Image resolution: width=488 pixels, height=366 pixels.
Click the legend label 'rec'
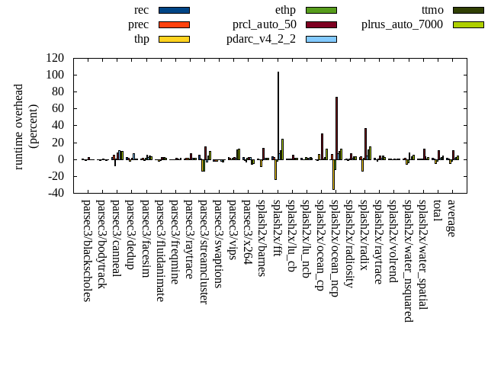141,10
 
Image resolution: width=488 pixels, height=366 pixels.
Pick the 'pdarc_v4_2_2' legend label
261,39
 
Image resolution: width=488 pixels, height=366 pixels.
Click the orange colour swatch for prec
174,24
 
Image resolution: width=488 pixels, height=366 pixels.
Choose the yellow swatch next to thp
174,39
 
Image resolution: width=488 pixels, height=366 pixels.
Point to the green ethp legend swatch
321,10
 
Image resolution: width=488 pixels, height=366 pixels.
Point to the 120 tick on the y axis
55,58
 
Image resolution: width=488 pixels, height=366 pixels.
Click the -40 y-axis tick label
55,193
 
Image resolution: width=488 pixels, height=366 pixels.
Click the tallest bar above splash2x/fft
278,114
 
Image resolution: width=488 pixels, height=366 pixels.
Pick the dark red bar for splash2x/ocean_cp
322,146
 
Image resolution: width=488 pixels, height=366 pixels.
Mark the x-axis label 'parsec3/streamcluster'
204,252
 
